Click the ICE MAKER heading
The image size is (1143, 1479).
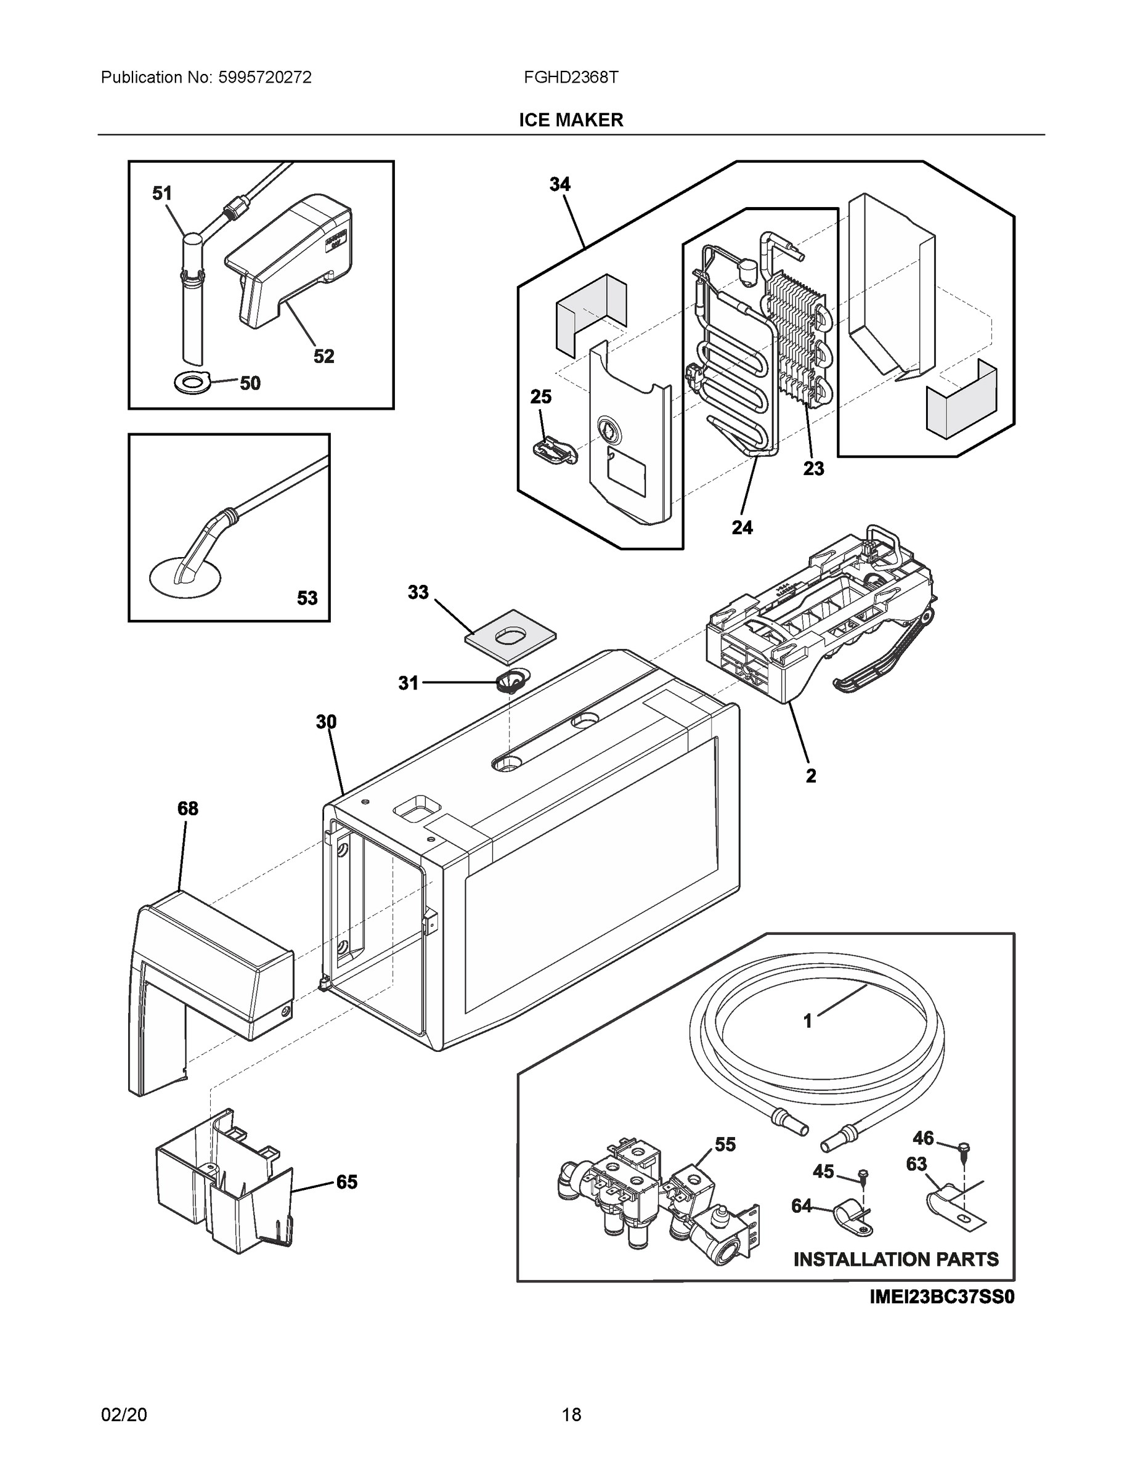click(571, 120)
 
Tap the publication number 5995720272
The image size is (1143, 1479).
click(264, 77)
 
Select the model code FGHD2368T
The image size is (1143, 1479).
click(570, 77)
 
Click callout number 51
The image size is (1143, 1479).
click(162, 194)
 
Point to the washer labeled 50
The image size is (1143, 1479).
click(193, 384)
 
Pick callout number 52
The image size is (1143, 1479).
click(323, 356)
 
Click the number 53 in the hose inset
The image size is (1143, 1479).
click(307, 598)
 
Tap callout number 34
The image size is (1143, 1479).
click(560, 184)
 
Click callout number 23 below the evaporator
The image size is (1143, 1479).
click(814, 468)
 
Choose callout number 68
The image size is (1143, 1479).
click(187, 809)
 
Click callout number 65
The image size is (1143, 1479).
click(347, 1182)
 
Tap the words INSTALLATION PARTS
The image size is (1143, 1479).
click(896, 1259)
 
